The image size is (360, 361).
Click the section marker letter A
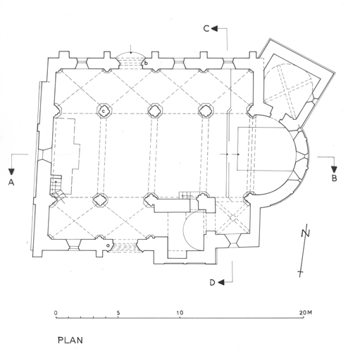click(x=11, y=182)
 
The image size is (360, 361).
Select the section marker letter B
click(x=334, y=178)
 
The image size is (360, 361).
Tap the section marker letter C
click(x=206, y=29)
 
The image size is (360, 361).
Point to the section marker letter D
click(x=212, y=283)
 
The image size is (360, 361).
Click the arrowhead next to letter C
click(x=215, y=29)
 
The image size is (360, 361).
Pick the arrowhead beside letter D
click(x=221, y=283)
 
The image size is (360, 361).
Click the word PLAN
click(x=70, y=341)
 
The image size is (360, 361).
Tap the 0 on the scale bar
click(x=56, y=313)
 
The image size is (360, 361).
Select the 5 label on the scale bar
click(x=118, y=313)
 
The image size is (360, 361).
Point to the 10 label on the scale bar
click(x=180, y=313)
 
